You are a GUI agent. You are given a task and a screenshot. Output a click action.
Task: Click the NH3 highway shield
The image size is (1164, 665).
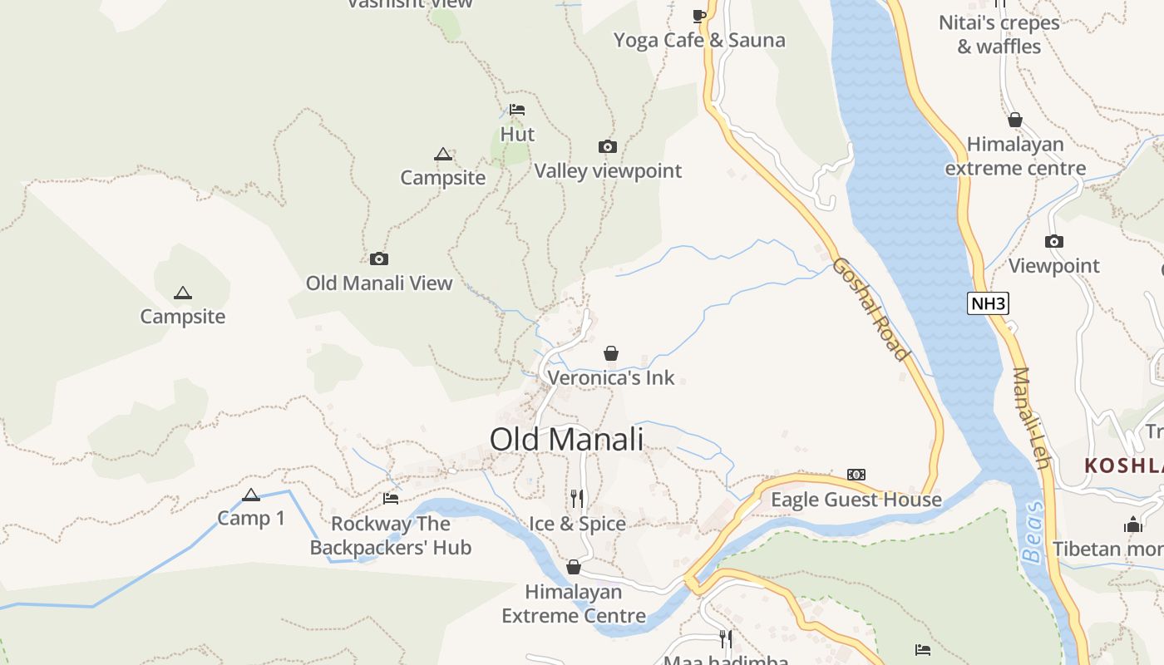click(x=988, y=303)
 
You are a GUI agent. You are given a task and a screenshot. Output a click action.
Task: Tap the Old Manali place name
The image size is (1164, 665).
click(x=566, y=439)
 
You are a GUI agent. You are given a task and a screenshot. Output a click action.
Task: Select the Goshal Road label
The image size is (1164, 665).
click(x=871, y=309)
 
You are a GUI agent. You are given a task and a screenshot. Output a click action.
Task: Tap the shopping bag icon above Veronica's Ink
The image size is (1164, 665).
click(x=611, y=353)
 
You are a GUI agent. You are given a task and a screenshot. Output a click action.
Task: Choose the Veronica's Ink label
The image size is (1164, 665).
click(x=611, y=377)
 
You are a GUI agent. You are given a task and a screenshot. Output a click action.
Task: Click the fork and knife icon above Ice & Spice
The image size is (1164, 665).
click(x=577, y=499)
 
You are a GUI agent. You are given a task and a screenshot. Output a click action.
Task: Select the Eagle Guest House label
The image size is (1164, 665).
click(x=856, y=500)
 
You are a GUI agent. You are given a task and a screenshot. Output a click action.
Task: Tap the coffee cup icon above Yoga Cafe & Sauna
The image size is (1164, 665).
click(x=699, y=16)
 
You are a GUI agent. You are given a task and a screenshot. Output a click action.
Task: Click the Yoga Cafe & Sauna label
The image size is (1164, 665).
click(x=699, y=40)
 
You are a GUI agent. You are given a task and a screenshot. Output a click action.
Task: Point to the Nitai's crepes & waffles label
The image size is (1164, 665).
click(x=999, y=34)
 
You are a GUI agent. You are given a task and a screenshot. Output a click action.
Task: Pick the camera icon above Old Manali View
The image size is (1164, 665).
click(x=379, y=259)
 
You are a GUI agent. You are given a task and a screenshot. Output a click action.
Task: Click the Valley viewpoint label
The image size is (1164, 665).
click(x=608, y=170)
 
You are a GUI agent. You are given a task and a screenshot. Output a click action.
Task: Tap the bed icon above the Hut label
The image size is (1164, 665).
click(x=517, y=110)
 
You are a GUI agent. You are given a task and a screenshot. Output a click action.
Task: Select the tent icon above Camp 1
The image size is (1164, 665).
click(x=251, y=495)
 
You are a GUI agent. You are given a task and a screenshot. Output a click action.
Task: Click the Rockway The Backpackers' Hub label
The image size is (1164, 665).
click(x=391, y=535)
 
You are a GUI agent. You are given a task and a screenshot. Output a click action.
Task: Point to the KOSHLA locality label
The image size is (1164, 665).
click(x=1123, y=465)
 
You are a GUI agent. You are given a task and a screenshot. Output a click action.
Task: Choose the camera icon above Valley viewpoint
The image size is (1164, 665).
click(x=608, y=147)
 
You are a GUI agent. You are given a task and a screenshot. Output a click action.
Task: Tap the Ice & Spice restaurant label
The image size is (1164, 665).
click(x=577, y=524)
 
